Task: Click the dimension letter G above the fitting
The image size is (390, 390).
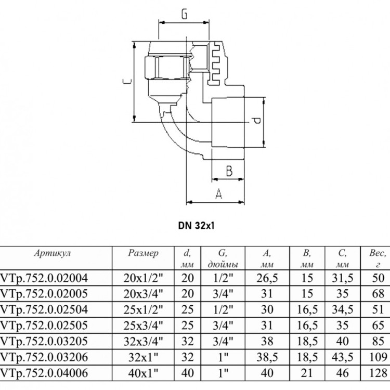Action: tap(184, 14)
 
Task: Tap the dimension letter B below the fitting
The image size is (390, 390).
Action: tap(229, 171)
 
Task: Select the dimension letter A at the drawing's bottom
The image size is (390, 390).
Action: tap(218, 194)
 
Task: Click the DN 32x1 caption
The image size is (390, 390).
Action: tap(196, 226)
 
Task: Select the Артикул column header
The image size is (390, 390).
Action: tap(53, 253)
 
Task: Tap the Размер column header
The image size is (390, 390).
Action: tap(143, 253)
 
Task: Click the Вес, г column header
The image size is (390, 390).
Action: tap(378, 258)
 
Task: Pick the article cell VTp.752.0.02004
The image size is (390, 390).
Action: tap(44, 278)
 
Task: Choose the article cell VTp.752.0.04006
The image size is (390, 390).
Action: tap(44, 373)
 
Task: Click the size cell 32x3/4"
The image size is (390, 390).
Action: tap(143, 341)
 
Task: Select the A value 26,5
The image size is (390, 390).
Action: tap(267, 278)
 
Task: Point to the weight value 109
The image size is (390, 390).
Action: tap(378, 357)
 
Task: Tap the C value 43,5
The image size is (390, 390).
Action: tap(342, 357)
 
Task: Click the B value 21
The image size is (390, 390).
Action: tap(307, 373)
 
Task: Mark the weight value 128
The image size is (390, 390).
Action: tap(378, 373)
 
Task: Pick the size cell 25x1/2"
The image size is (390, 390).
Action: tap(143, 310)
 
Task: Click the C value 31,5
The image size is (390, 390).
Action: tap(342, 278)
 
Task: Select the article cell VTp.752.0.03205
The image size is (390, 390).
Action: tap(44, 341)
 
